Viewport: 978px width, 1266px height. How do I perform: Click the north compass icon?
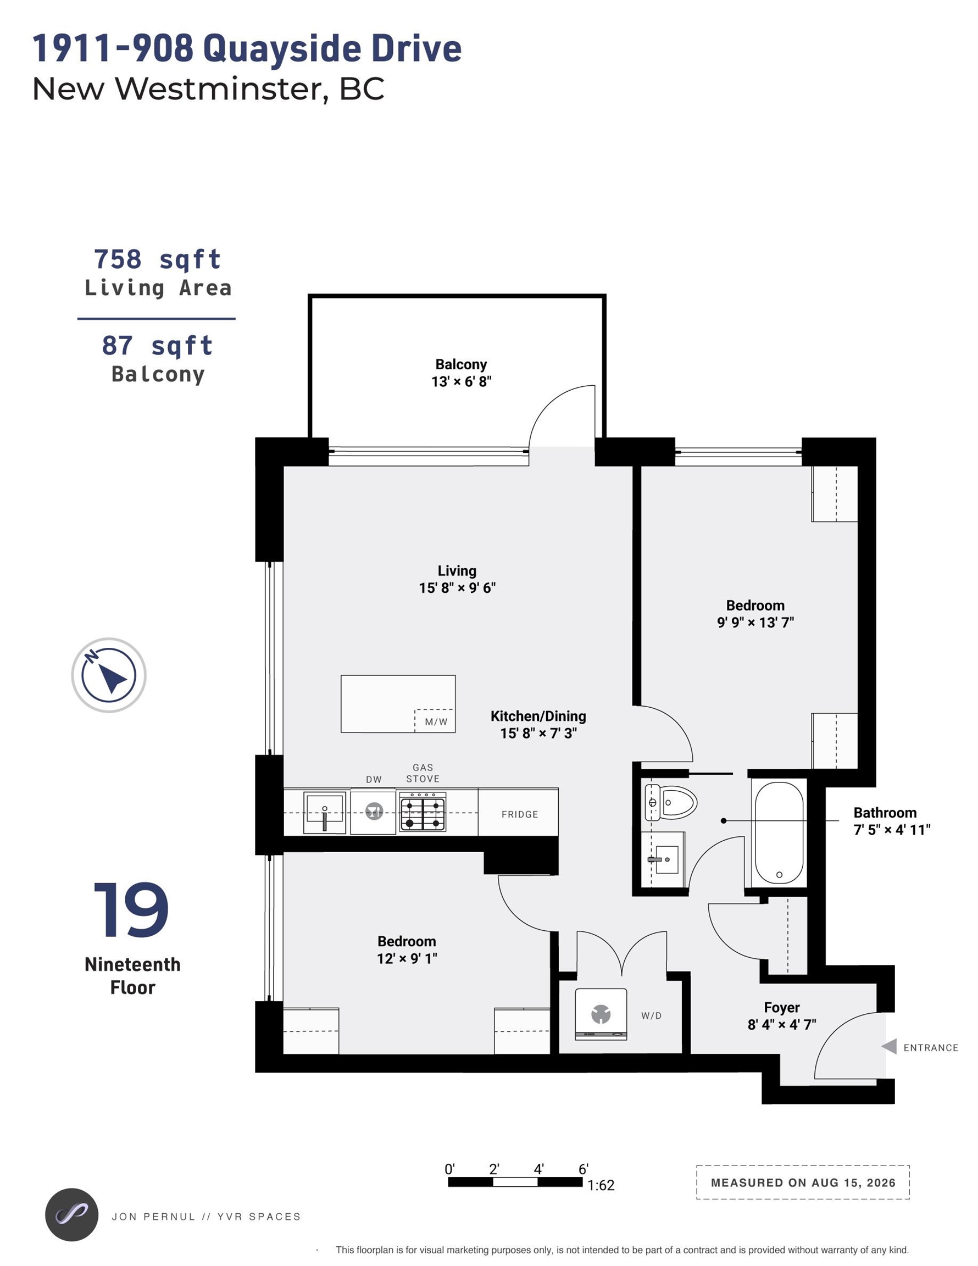point(108,675)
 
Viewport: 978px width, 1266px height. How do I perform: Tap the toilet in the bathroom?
point(671,803)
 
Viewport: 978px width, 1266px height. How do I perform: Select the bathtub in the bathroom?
point(779,832)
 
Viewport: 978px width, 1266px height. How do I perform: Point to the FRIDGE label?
point(519,814)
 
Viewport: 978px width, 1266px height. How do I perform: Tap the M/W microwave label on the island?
point(436,722)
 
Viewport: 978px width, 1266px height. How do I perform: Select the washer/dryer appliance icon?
point(601,1014)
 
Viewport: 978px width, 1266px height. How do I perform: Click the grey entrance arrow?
point(889,1046)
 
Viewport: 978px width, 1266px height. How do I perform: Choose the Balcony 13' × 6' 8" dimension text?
point(462,381)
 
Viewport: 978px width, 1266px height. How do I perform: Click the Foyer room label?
point(781,1007)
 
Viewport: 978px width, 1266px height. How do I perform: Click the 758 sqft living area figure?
point(158,259)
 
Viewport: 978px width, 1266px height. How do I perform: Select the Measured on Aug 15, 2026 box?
point(802,1182)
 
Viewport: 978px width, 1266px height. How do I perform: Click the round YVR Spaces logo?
point(71,1215)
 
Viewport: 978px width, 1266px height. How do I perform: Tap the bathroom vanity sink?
point(663,859)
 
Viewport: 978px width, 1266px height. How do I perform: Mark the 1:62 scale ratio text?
point(601,1185)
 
